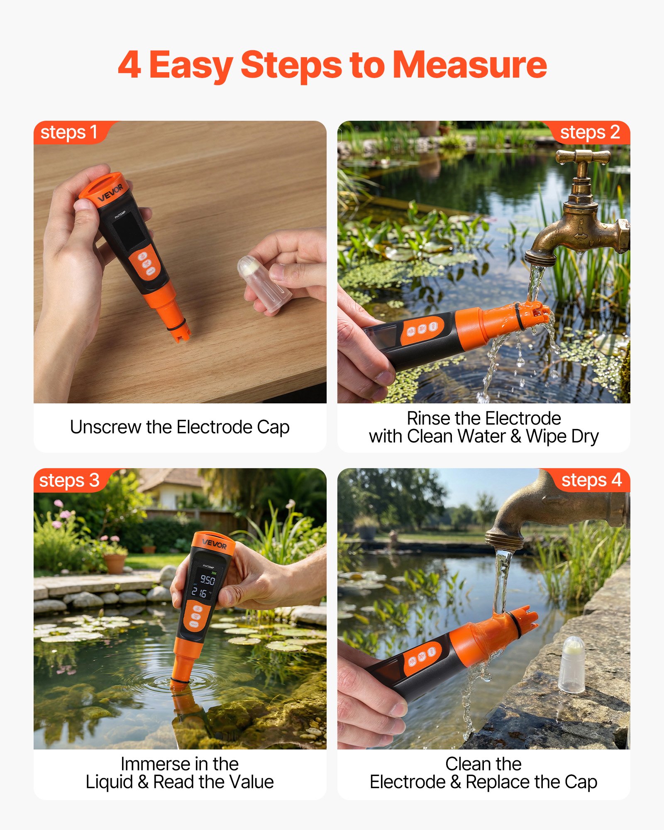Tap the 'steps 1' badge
tap(71, 132)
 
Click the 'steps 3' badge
tap(71, 480)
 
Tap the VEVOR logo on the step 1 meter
tap(110, 193)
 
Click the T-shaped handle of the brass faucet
tap(583, 157)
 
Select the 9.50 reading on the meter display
tap(207, 579)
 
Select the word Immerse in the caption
tap(156, 764)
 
